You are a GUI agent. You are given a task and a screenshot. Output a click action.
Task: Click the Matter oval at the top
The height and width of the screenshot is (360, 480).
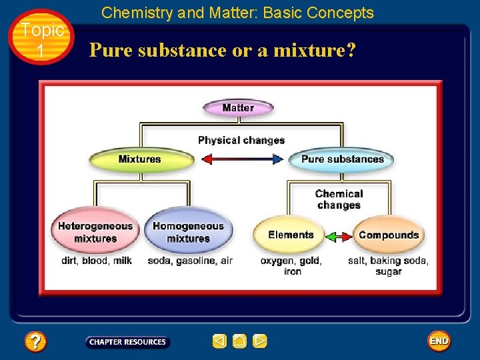(x=238, y=108)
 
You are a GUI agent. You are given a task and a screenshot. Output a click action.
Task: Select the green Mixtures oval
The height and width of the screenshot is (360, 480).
(x=140, y=159)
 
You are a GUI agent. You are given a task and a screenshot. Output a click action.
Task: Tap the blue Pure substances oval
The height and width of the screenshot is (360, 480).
(x=342, y=159)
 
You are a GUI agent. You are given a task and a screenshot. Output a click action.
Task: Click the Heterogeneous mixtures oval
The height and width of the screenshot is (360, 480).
(x=95, y=232)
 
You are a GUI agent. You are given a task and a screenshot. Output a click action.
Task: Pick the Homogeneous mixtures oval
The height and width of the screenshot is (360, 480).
(x=189, y=232)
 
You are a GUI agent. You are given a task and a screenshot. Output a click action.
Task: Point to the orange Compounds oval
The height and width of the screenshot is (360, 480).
(x=389, y=235)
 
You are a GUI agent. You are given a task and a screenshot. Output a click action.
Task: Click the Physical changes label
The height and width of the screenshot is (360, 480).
(x=241, y=140)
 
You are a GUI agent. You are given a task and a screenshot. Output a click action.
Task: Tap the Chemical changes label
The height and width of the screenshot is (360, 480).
(x=339, y=199)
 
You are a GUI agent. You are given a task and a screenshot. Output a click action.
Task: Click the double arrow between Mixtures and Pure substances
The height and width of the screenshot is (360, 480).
(x=242, y=159)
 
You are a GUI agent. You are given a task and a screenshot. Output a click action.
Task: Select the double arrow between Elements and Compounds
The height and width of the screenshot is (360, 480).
(x=339, y=236)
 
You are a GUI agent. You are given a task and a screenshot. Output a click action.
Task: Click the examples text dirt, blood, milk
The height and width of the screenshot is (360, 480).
(x=97, y=261)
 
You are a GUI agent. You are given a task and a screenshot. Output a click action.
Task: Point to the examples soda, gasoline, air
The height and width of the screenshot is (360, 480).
(x=190, y=261)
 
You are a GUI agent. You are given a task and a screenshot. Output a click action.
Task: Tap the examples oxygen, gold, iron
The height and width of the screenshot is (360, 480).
(x=291, y=266)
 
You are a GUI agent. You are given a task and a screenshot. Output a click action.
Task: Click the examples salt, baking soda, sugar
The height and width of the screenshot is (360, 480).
(x=388, y=266)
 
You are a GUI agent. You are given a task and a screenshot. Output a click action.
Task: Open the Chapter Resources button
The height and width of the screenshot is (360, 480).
(x=127, y=342)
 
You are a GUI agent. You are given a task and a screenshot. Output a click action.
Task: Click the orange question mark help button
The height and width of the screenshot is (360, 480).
(x=35, y=342)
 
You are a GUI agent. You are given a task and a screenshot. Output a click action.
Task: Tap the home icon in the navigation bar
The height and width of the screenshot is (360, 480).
(x=240, y=341)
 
